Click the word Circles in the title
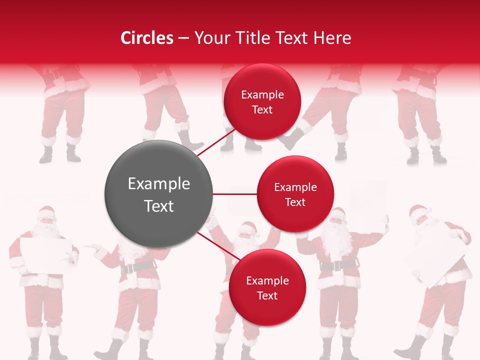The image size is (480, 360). (x=147, y=38)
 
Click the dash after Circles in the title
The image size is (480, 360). (x=183, y=38)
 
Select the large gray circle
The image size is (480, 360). (x=158, y=194)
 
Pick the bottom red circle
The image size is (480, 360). (x=267, y=287)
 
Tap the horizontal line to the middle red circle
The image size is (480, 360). (x=234, y=194)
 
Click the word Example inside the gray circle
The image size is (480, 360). (x=158, y=183)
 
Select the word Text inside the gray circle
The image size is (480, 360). (x=158, y=206)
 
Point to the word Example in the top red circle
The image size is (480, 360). (x=262, y=94)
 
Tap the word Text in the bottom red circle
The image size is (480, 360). (x=267, y=295)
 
